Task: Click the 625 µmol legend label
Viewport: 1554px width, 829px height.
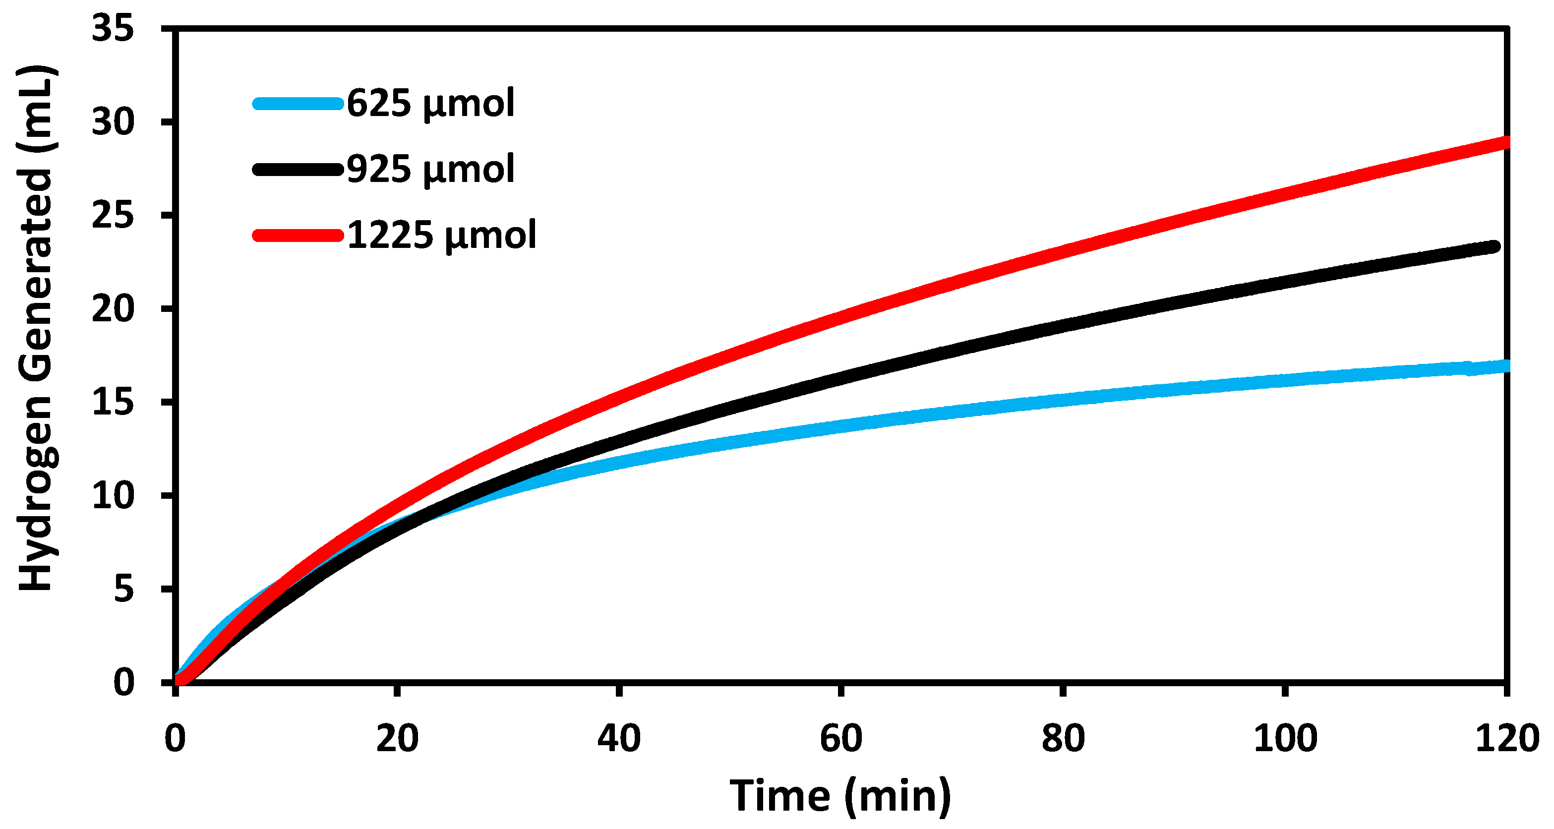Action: pyautogui.click(x=431, y=103)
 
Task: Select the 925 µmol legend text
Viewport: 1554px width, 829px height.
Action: pyautogui.click(x=431, y=169)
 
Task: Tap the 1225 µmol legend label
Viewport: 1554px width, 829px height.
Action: pyautogui.click(x=442, y=235)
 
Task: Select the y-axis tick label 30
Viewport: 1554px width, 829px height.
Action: pyautogui.click(x=113, y=122)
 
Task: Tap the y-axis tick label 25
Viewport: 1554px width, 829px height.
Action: pyautogui.click(x=113, y=215)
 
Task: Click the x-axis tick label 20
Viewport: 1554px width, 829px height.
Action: pyautogui.click(x=397, y=738)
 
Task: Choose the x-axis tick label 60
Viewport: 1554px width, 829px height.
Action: pyautogui.click(x=841, y=738)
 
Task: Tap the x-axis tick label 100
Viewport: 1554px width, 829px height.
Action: pyautogui.click(x=1285, y=738)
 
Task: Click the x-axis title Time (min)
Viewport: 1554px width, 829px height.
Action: pyautogui.click(x=841, y=796)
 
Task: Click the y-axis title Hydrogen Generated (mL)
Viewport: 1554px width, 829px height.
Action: pyautogui.click(x=36, y=329)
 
